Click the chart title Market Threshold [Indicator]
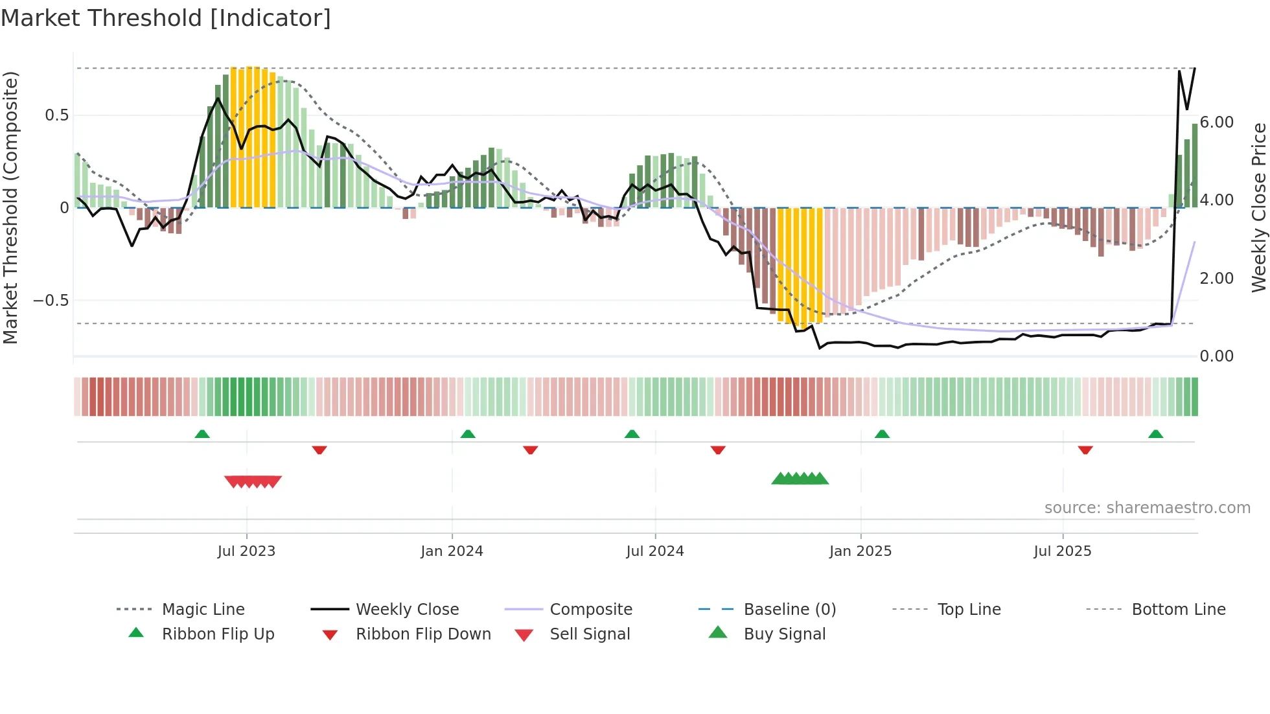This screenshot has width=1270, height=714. pyautogui.click(x=166, y=18)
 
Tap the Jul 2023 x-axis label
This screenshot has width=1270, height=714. pyautogui.click(x=246, y=551)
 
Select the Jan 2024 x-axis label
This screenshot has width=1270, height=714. pyautogui.click(x=452, y=551)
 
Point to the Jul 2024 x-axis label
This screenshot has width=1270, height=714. pyautogui.click(x=654, y=551)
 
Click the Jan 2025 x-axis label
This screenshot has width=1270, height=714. pyautogui.click(x=860, y=551)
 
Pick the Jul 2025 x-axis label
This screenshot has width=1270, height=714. pyautogui.click(x=1062, y=551)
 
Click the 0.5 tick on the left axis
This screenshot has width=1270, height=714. pyautogui.click(x=56, y=115)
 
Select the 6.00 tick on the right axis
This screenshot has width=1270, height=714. pyautogui.click(x=1216, y=122)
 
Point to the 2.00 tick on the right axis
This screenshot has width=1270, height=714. pyautogui.click(x=1216, y=279)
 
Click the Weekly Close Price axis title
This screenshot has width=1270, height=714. pyautogui.click(x=1258, y=207)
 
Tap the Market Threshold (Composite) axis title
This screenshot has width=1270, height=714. pyautogui.click(x=10, y=207)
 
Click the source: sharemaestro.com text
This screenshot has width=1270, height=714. pyautogui.click(x=1147, y=508)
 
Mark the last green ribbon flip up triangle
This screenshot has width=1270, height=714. pyautogui.click(x=1155, y=434)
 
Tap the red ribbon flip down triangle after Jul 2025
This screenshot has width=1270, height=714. pyautogui.click(x=1085, y=450)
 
